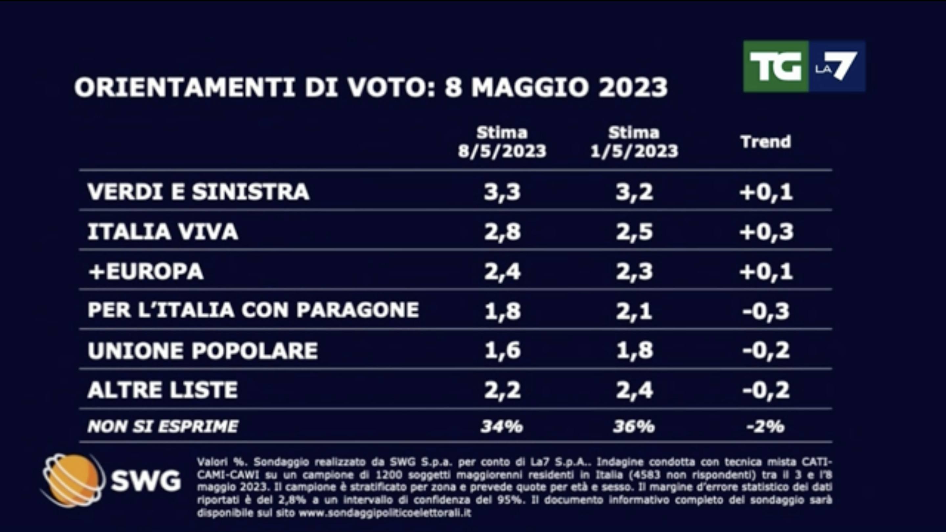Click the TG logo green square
click(x=776, y=66)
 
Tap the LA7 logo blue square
click(x=837, y=66)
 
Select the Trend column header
click(x=766, y=142)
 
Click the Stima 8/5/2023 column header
click(x=502, y=142)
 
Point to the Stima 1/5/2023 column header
click(x=634, y=142)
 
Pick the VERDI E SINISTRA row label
click(x=198, y=192)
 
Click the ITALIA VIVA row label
click(x=163, y=232)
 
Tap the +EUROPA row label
click(x=146, y=271)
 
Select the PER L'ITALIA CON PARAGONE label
click(x=253, y=310)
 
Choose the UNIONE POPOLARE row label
click(x=203, y=350)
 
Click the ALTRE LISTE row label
click(x=163, y=389)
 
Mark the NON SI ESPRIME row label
click(x=163, y=426)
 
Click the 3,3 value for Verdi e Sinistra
click(x=502, y=192)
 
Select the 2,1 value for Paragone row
click(x=634, y=311)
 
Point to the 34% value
click(x=502, y=426)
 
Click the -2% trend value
click(x=766, y=427)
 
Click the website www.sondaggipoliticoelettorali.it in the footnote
click(x=385, y=513)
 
